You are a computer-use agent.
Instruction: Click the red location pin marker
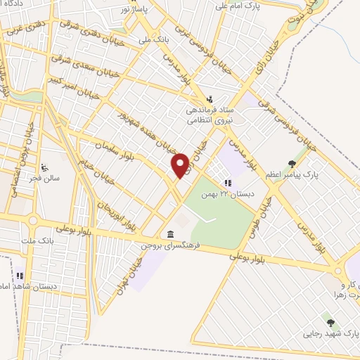181,165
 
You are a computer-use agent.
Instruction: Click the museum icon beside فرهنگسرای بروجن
170,234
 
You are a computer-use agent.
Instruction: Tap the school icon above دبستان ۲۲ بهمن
226,182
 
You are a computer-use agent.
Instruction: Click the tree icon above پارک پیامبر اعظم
292,163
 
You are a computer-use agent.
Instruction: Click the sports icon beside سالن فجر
44,167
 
